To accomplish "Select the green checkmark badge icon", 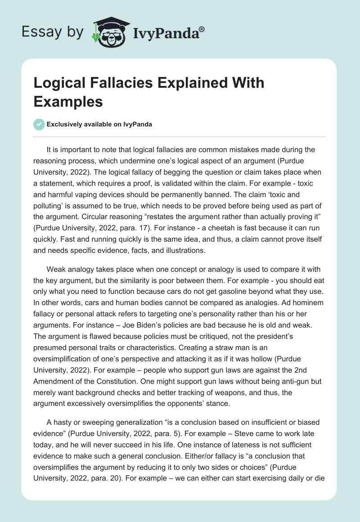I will [39, 124].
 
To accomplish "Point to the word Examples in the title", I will [68, 101].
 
